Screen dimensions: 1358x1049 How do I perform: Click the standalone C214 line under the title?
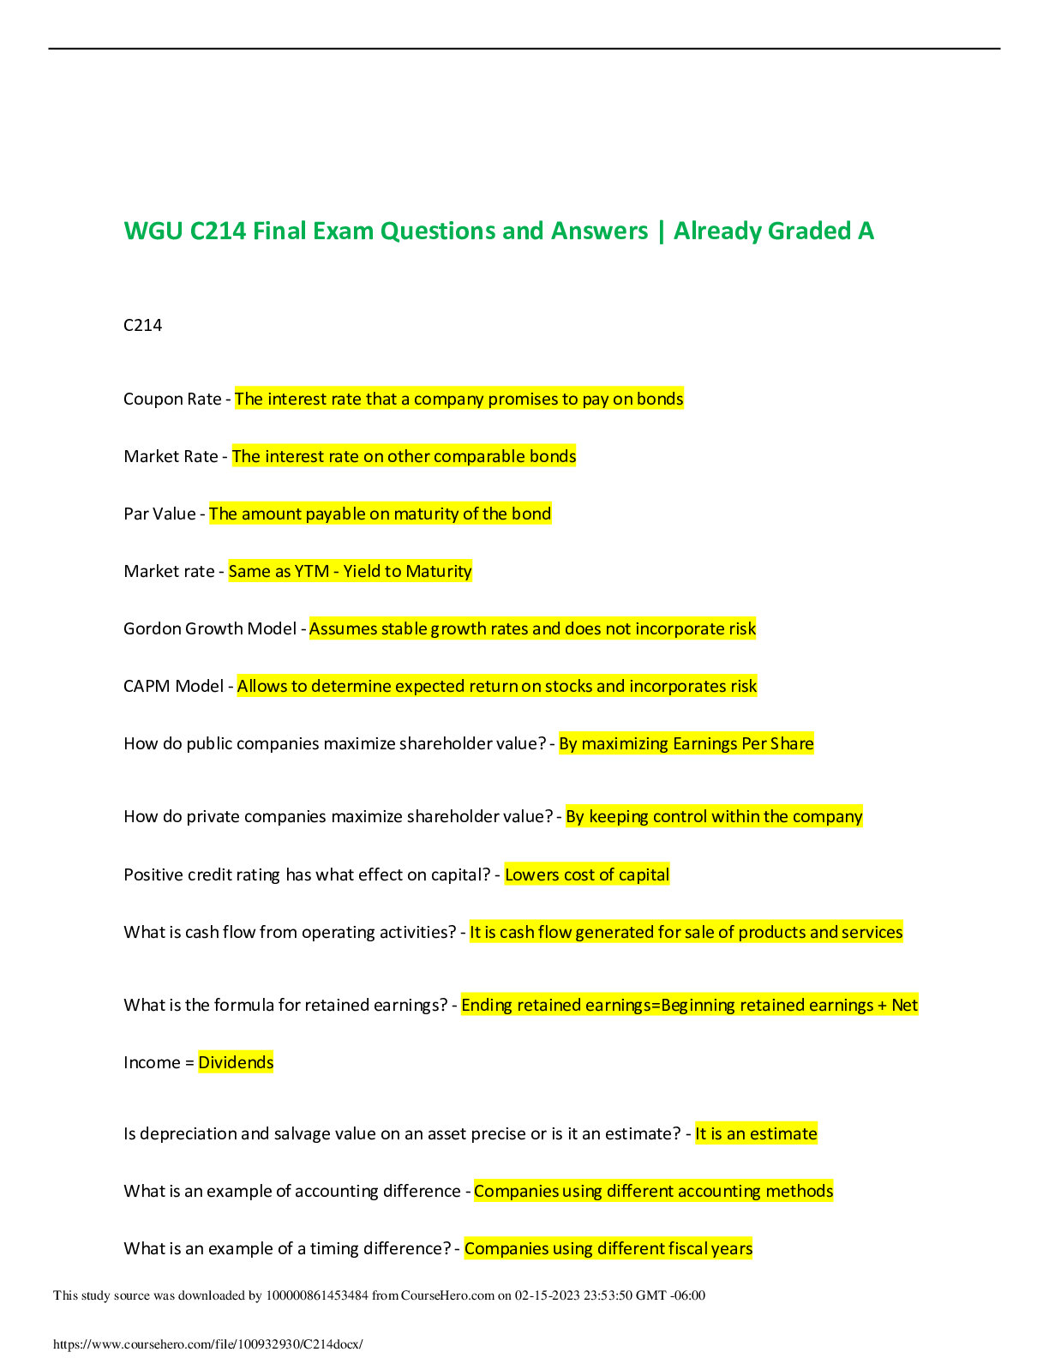(143, 325)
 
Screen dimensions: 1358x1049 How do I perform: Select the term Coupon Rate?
(172, 399)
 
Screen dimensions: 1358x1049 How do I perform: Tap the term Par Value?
(160, 514)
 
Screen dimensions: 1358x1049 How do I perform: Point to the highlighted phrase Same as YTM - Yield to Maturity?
(350, 571)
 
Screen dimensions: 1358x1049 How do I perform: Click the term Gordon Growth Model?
(210, 628)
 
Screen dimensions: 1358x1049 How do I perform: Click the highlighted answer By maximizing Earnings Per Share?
(686, 743)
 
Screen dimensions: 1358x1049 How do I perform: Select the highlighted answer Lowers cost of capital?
(587, 874)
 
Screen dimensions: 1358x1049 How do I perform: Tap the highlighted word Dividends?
(236, 1062)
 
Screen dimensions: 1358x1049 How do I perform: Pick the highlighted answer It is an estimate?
(756, 1133)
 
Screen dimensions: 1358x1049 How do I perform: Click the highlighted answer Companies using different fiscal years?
(608, 1248)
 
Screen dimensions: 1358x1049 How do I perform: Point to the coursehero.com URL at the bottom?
(208, 1344)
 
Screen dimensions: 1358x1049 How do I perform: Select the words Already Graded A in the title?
(773, 231)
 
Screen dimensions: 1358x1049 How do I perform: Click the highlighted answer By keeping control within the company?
(714, 816)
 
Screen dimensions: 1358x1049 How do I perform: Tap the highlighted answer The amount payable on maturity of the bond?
(380, 514)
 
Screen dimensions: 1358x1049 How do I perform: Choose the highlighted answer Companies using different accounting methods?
(653, 1191)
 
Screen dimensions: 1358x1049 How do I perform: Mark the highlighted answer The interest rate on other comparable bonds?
(404, 456)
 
